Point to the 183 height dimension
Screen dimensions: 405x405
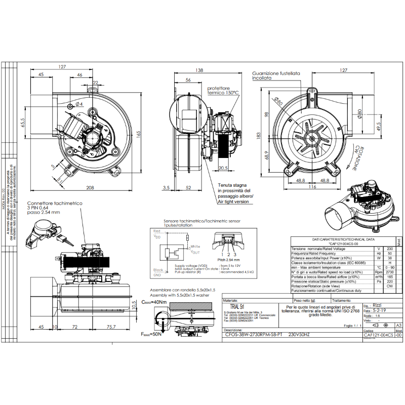(258, 135)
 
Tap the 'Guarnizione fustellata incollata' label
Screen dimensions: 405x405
(276, 76)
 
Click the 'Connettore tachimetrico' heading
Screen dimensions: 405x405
(55, 203)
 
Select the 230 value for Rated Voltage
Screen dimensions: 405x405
(389, 249)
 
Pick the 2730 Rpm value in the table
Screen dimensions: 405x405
(389, 272)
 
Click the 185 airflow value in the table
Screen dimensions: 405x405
(389, 277)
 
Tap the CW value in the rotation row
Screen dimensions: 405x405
(389, 286)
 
